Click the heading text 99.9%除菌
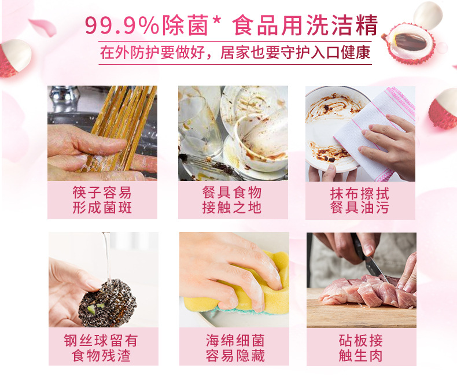point(150,25)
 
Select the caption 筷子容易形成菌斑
point(102,200)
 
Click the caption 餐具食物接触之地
point(232,200)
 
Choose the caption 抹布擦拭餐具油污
point(360,200)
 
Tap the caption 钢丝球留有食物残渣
point(102,347)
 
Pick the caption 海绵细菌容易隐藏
point(232,347)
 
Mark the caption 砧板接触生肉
point(360,347)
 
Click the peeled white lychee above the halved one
point(428,14)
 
